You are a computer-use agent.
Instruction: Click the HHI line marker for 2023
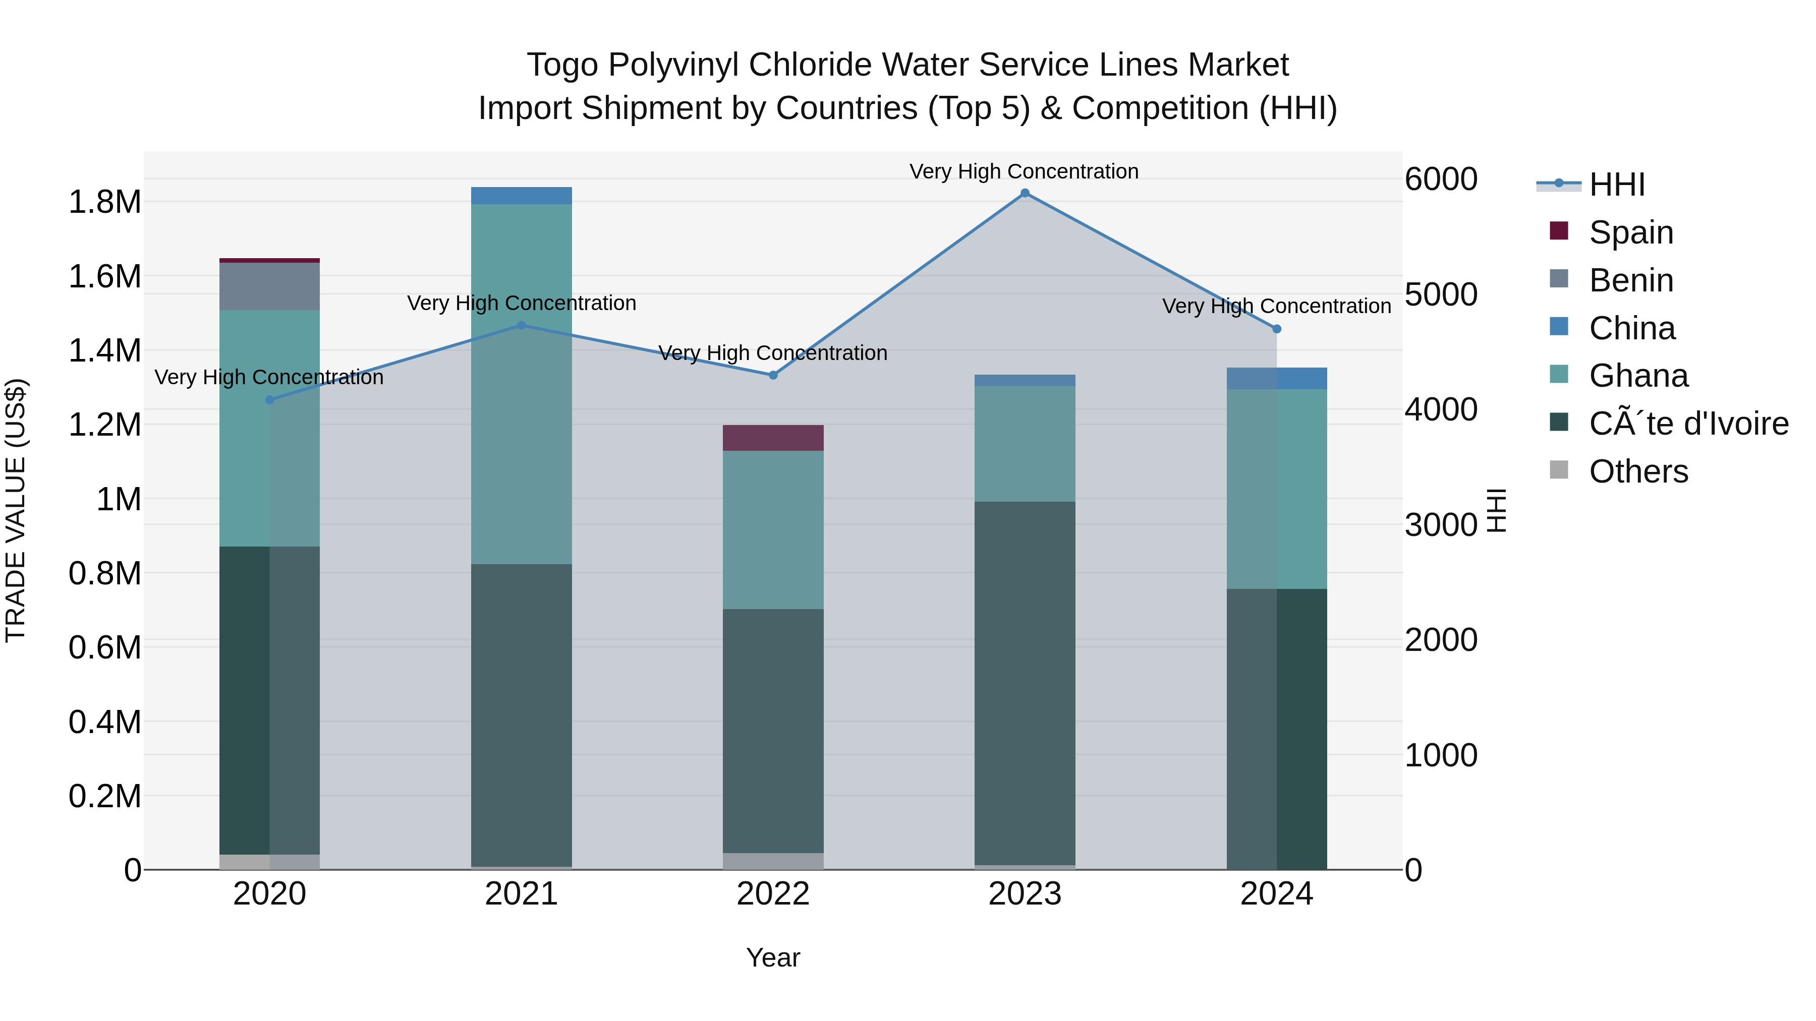1025,193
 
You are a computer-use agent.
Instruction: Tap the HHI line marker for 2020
269,399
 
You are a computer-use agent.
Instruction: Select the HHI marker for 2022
773,375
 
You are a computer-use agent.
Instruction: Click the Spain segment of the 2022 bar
773,438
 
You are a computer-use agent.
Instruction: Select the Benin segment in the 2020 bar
269,286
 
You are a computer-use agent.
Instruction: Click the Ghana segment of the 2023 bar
1025,443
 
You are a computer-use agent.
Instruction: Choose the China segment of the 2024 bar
1276,378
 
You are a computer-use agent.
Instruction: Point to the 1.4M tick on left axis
104,350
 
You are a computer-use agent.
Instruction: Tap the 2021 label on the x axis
521,894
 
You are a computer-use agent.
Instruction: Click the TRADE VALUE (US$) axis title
16,510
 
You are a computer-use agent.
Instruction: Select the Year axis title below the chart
773,957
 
